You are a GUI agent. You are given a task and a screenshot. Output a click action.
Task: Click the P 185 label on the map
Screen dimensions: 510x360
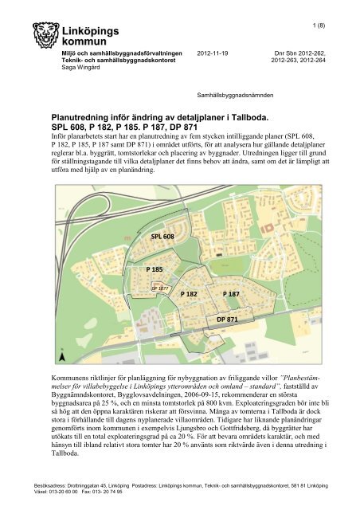(x=154, y=270)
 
